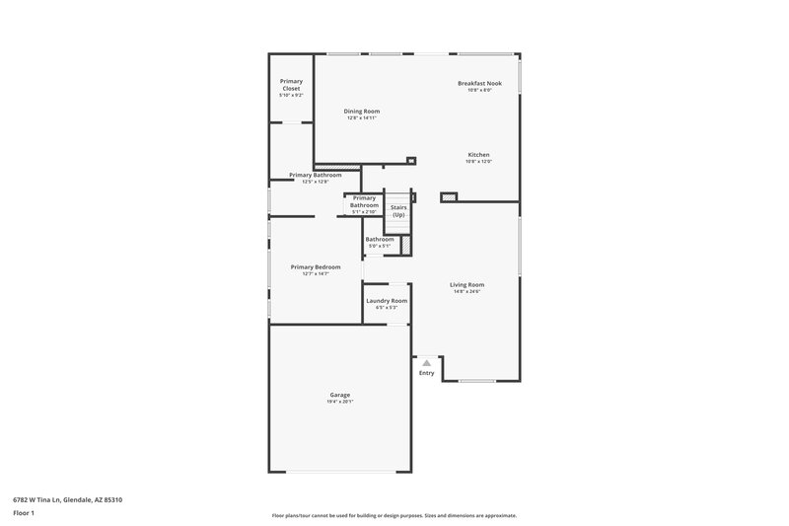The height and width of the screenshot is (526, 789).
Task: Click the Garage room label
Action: (339, 395)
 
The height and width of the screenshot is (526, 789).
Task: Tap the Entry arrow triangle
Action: (426, 363)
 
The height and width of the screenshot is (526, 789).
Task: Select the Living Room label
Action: (468, 284)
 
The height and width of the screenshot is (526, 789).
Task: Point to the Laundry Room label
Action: (387, 300)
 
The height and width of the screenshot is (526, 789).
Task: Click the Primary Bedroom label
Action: (316, 266)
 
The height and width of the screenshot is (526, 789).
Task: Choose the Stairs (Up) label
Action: (398, 210)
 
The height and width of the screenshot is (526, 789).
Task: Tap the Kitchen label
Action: (478, 154)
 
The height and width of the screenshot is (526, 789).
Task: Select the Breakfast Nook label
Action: (479, 83)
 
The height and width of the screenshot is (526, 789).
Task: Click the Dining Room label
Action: (361, 111)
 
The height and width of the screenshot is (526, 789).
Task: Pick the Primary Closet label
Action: (291, 84)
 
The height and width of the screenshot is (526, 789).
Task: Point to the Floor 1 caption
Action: (25, 514)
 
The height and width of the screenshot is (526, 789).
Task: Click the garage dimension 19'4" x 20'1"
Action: (339, 402)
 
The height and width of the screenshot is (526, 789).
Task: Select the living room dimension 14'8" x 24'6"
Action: (468, 291)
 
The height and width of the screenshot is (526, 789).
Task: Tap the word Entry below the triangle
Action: (426, 373)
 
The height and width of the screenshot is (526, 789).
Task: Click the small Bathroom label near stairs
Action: (380, 239)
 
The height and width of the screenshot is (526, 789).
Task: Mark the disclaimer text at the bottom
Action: (394, 515)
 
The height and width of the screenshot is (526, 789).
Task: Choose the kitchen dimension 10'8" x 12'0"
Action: (478, 161)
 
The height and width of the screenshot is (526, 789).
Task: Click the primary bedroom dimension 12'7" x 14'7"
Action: (316, 273)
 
